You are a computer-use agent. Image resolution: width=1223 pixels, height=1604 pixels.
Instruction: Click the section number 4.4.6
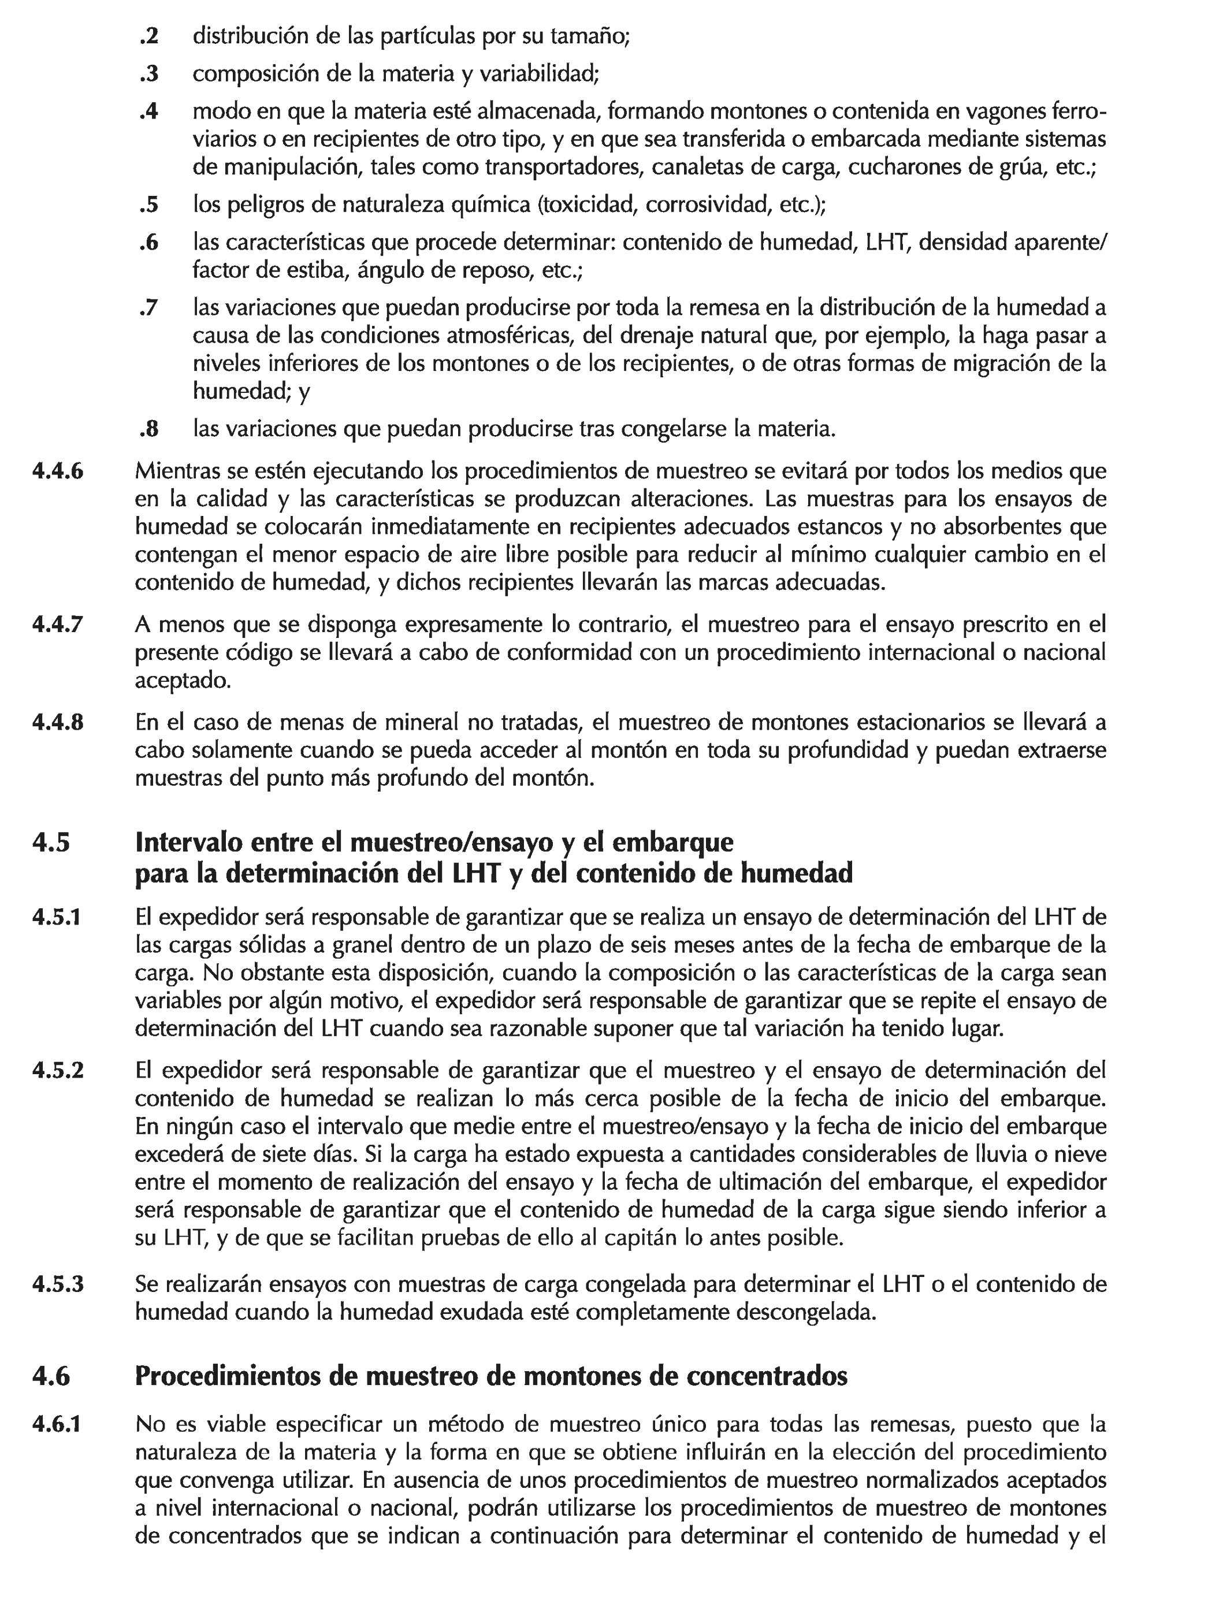[x=58, y=472]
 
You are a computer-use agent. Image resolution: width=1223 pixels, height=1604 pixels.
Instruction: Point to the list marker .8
[x=149, y=429]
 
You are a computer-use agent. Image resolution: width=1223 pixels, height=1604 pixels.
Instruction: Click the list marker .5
[x=149, y=205]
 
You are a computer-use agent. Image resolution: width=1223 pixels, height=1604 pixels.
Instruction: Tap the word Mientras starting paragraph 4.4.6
[x=179, y=472]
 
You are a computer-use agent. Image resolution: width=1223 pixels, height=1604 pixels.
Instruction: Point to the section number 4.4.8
[x=58, y=723]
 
